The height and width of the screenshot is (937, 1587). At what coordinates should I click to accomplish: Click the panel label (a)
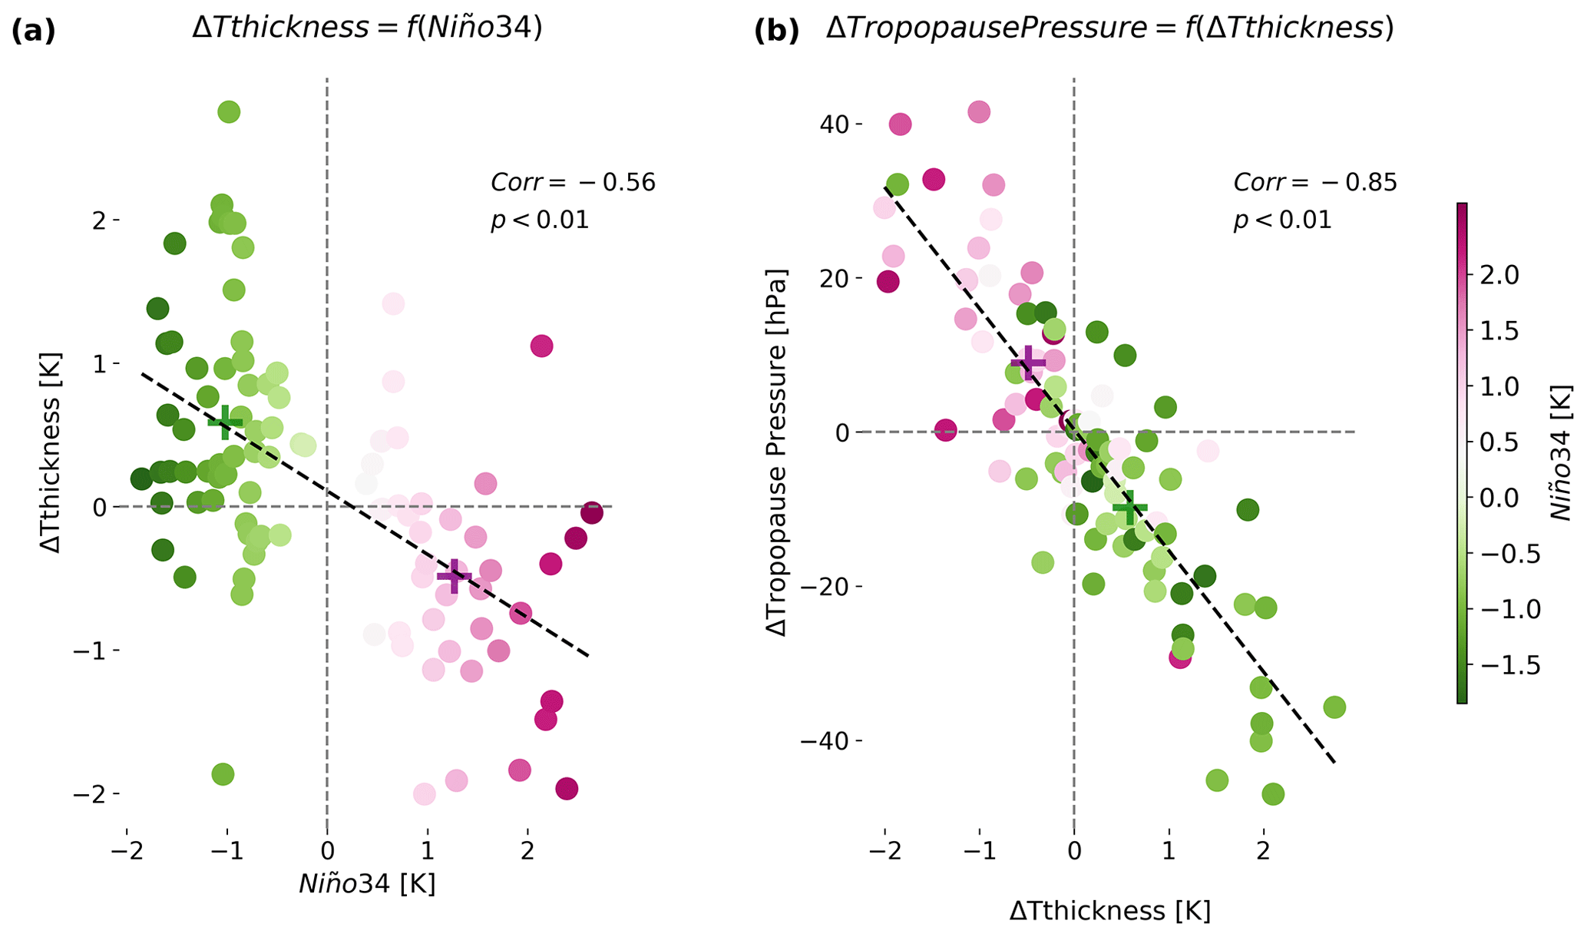click(x=33, y=31)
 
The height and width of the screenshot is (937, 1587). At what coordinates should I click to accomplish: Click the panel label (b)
click(x=776, y=31)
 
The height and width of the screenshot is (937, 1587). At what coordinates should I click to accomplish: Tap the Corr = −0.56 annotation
click(x=573, y=183)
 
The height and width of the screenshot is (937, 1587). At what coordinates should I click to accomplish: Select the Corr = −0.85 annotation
click(x=1315, y=183)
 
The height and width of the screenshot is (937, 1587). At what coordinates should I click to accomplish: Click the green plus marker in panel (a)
click(x=225, y=422)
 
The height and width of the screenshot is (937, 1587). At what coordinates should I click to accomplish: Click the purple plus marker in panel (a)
click(x=454, y=576)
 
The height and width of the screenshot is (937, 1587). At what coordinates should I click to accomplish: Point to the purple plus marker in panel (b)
click(x=1028, y=363)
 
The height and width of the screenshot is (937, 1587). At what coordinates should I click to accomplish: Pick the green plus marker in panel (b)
click(x=1129, y=508)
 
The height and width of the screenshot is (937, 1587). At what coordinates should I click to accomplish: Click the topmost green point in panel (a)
click(x=229, y=112)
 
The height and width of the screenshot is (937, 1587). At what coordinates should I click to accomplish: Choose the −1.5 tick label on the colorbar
click(x=1506, y=665)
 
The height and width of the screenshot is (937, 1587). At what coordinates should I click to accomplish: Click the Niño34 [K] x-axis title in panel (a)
click(x=367, y=884)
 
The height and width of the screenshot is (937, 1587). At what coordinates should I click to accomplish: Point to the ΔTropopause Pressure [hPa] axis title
click(x=778, y=452)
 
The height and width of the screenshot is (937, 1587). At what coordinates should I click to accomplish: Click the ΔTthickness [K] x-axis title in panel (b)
click(x=1109, y=911)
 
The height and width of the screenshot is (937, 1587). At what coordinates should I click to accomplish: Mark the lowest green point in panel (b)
click(x=1272, y=794)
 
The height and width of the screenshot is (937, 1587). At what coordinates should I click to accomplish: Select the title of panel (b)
click(x=1109, y=29)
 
